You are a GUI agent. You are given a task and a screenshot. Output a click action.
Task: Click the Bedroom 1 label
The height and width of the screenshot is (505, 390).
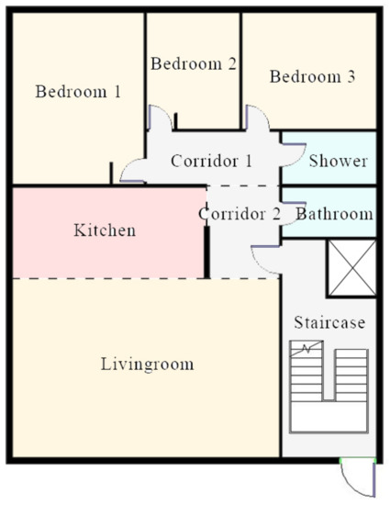[78, 92]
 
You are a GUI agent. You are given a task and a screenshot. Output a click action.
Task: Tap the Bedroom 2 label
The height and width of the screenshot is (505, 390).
[194, 63]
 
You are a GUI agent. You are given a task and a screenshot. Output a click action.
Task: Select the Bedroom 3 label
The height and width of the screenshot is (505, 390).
[312, 76]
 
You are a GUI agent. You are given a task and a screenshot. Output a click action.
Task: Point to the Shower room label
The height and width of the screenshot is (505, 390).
[339, 161]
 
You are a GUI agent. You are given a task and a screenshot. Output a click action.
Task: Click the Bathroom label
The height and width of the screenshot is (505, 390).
[334, 214]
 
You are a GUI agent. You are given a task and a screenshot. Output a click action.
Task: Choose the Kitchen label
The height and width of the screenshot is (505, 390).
[105, 230]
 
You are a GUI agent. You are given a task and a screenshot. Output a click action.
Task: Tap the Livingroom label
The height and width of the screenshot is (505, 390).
[148, 365]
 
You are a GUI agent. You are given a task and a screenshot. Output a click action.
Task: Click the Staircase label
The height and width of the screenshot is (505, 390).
[329, 322]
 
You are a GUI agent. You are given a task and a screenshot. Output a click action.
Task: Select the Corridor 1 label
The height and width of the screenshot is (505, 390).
[211, 161]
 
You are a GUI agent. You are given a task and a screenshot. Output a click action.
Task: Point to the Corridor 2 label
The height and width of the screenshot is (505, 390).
[240, 214]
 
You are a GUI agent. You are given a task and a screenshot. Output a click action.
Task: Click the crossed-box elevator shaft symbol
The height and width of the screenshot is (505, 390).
[352, 268]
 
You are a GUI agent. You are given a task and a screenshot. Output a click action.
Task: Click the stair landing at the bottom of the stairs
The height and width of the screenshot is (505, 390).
[329, 417]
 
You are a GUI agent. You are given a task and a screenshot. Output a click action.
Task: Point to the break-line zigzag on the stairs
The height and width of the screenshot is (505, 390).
[306, 349]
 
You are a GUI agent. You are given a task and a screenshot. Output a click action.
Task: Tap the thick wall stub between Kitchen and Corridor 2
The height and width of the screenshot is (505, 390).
[207, 252]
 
